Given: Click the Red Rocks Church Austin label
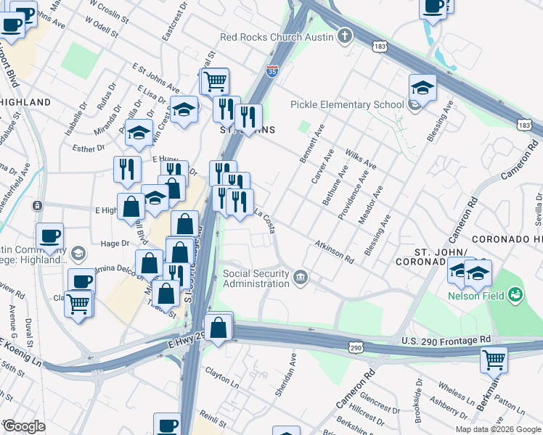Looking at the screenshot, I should [x=278, y=37].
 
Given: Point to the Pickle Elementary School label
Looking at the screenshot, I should [x=347, y=104].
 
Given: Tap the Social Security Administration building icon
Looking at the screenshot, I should [x=300, y=277].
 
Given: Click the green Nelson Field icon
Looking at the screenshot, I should [x=515, y=294].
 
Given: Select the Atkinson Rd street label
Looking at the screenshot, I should [x=334, y=252].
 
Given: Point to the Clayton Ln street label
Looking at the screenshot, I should [x=221, y=378].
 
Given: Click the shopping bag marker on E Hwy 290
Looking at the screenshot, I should [x=219, y=327].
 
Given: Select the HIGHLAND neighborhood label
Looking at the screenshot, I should [x=25, y=102].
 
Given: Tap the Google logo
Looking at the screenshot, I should [x=24, y=426].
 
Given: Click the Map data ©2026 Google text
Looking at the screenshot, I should [x=497, y=429].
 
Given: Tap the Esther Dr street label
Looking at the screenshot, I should [x=84, y=149].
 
